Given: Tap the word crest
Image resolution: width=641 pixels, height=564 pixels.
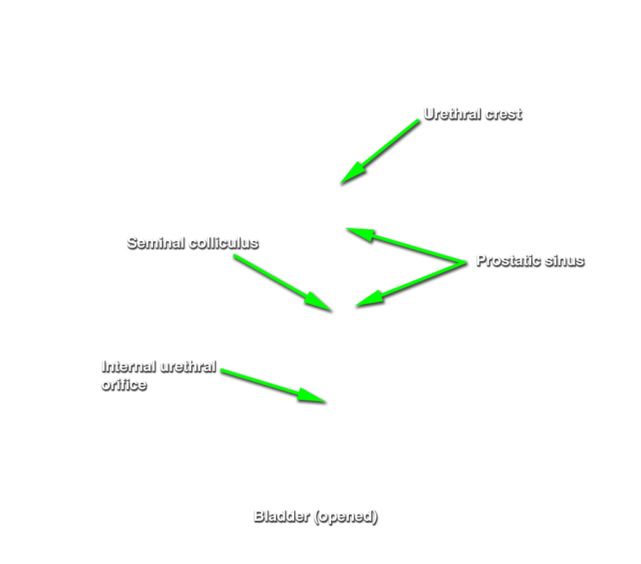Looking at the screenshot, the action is point(503,114).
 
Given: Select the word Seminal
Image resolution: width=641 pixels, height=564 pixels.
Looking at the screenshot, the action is point(156,243).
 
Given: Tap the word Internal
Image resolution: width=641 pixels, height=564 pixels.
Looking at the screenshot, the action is point(129,367).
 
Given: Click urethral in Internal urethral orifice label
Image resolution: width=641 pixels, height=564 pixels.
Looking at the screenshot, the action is point(188,367).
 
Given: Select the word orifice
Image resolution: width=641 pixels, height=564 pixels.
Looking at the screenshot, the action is point(124,385).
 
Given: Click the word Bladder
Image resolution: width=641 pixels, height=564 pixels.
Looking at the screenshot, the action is point(282,516).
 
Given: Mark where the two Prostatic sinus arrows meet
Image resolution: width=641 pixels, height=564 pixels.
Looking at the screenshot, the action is point(465,263).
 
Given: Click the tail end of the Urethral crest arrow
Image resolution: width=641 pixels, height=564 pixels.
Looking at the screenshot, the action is point(418,120).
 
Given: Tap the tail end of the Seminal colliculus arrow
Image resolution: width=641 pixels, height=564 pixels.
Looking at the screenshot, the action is point(234,256).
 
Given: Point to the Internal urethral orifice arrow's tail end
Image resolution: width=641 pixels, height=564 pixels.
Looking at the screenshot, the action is point(221,370).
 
